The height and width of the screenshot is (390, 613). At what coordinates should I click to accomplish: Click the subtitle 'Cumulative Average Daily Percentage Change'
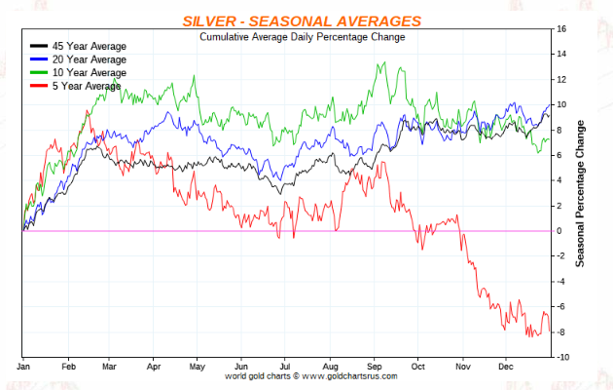(x=302, y=37)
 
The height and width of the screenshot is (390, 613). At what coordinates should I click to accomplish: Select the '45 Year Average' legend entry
(x=89, y=46)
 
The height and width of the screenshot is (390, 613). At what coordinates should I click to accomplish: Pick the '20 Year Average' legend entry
(x=89, y=58)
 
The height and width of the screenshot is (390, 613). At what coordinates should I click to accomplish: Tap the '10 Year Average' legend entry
(x=89, y=72)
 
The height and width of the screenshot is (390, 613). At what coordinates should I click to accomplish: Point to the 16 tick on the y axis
(x=560, y=29)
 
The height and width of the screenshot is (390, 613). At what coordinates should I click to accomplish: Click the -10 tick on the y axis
(x=561, y=358)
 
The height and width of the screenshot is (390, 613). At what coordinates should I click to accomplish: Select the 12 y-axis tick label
(x=560, y=80)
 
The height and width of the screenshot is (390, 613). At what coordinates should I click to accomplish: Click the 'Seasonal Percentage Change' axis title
(x=581, y=194)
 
